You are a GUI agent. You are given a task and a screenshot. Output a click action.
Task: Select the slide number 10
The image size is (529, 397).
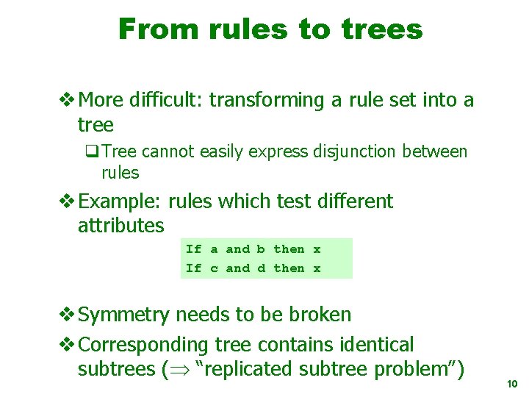click(x=513, y=385)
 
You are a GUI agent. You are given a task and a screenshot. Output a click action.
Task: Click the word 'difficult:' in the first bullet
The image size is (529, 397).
click(x=165, y=100)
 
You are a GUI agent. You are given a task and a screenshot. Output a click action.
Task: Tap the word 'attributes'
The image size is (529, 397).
click(x=120, y=225)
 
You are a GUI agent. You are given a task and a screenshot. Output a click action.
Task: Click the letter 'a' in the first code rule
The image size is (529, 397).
click(x=214, y=249)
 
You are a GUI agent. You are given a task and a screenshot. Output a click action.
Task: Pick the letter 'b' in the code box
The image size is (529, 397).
click(x=261, y=249)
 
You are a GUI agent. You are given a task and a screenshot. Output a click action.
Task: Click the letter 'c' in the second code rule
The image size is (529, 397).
click(x=214, y=268)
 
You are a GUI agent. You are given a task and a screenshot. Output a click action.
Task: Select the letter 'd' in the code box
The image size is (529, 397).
click(x=261, y=268)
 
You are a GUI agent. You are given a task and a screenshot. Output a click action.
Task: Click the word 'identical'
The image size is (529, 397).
click(x=375, y=344)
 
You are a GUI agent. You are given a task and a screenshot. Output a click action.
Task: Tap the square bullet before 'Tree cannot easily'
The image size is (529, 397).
click(x=92, y=152)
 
